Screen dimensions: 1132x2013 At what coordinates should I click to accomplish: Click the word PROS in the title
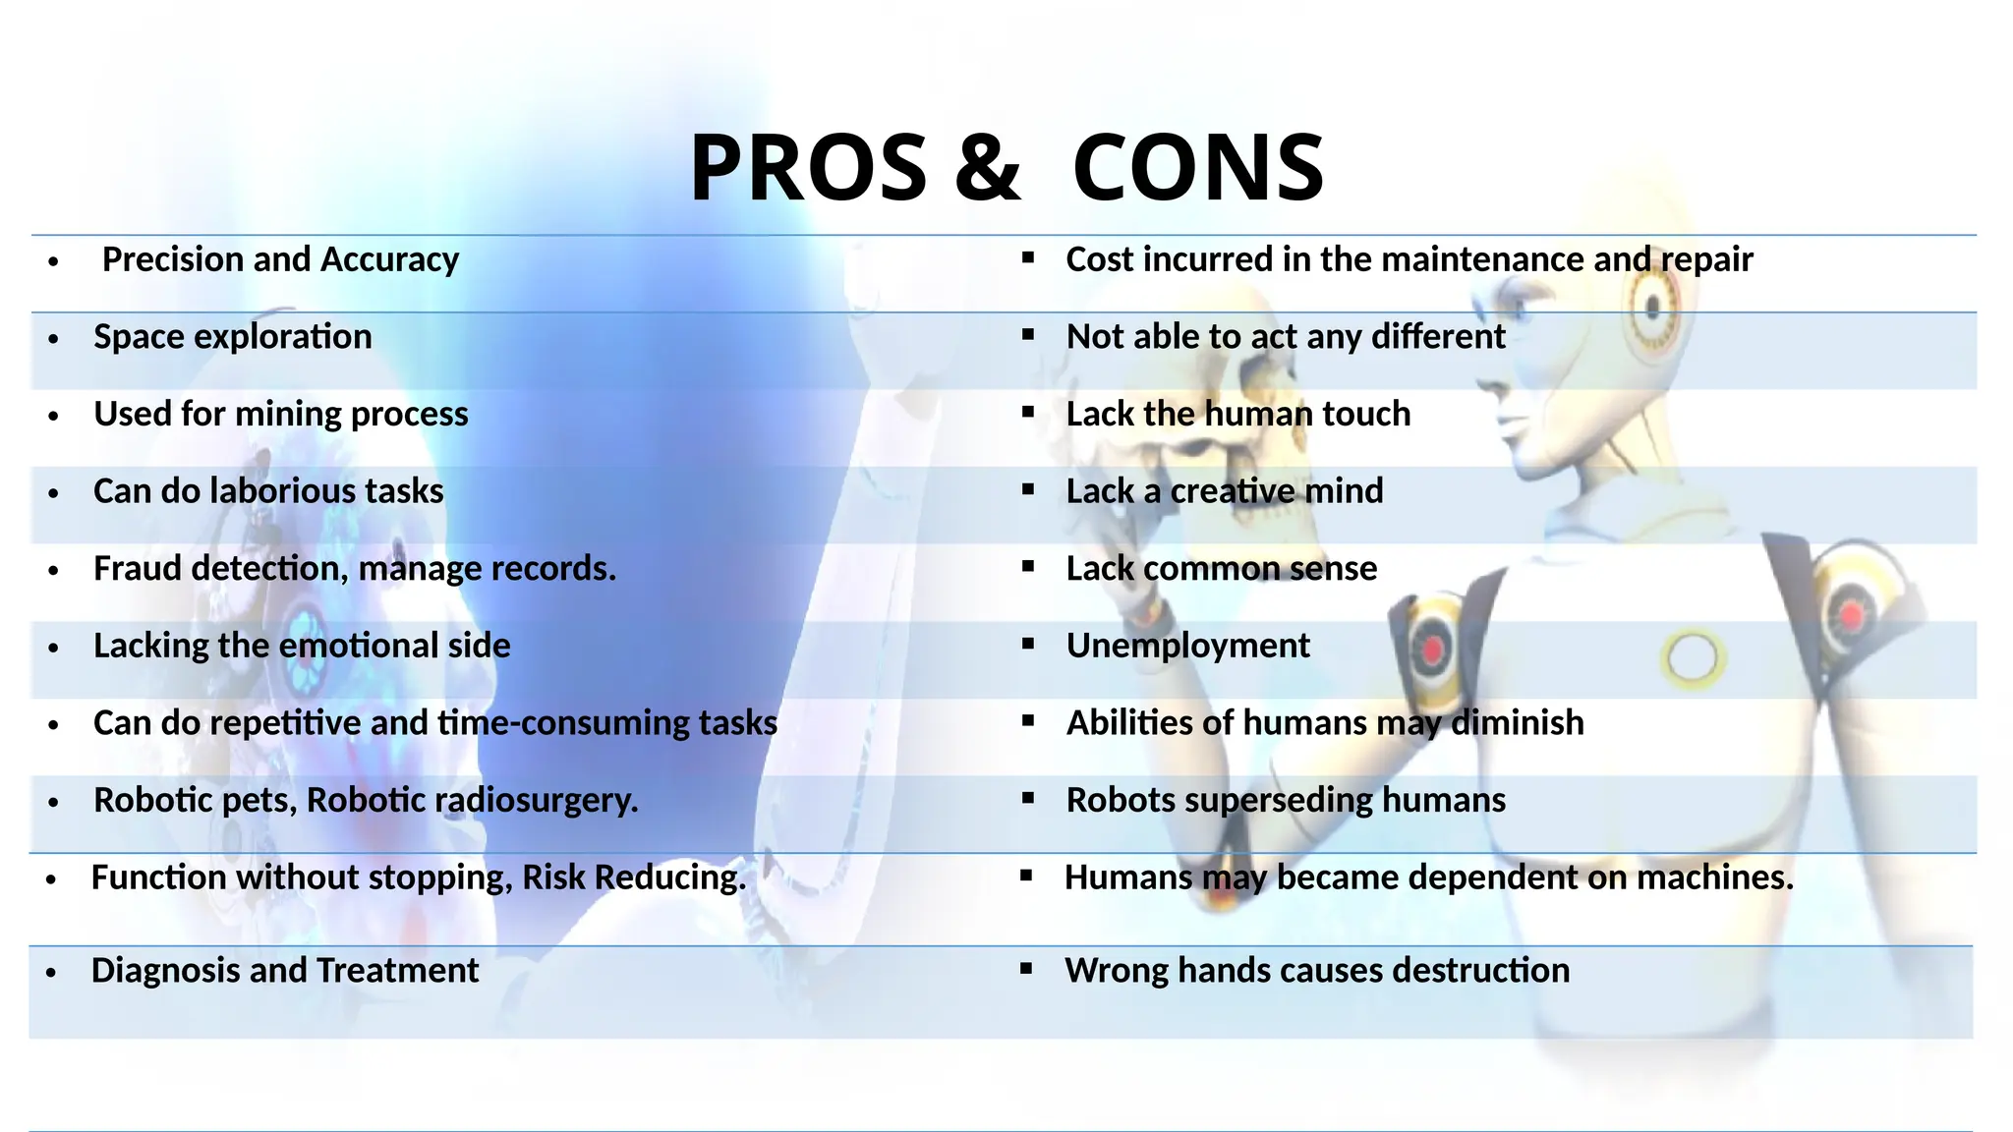point(808,167)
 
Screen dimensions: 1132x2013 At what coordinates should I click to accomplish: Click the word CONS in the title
point(1198,167)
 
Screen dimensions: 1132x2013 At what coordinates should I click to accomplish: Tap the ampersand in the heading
point(988,167)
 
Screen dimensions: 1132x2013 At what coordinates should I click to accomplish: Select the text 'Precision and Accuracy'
point(280,259)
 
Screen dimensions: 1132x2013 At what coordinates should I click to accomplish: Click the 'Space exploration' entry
point(233,337)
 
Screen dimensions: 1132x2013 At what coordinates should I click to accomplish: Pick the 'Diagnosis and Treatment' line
point(285,971)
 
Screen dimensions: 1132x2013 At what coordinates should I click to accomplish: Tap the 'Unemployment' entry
point(1187,646)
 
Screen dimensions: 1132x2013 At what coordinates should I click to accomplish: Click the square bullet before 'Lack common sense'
point(1028,566)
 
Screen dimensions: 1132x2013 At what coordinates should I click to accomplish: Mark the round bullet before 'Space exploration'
point(54,339)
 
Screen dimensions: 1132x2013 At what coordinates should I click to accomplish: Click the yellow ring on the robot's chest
point(1692,657)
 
